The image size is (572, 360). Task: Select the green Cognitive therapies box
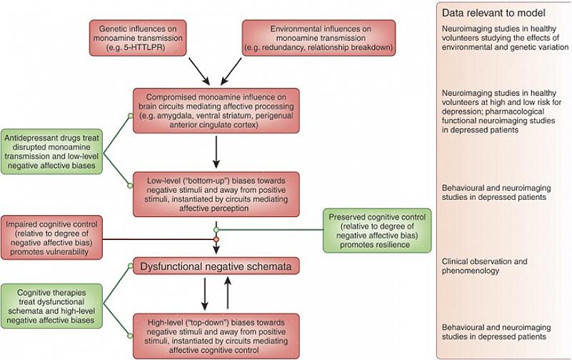click(x=62, y=308)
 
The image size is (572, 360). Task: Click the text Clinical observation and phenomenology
click(x=484, y=266)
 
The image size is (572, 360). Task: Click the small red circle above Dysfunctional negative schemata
click(x=216, y=239)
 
